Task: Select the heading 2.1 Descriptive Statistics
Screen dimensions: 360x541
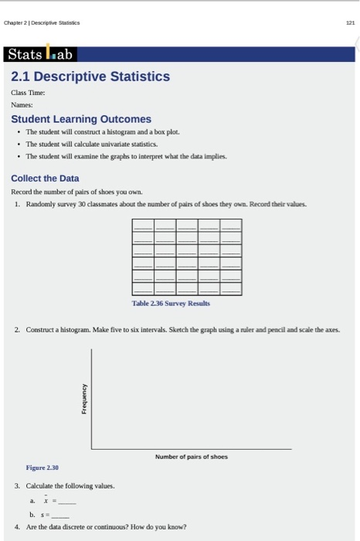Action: click(90, 77)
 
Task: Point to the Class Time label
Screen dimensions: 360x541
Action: click(28, 93)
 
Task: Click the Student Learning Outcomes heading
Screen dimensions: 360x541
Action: click(81, 119)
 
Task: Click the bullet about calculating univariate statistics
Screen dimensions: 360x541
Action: click(91, 144)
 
